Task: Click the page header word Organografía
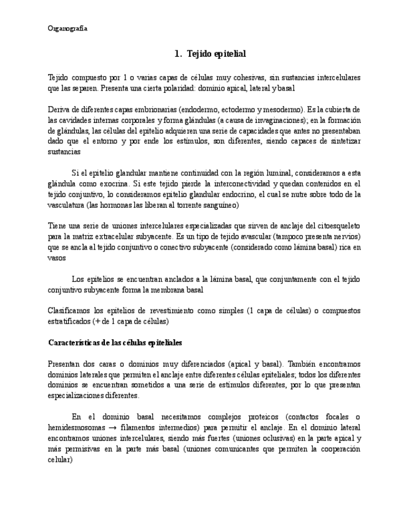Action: tap(67, 29)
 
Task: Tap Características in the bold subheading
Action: tap(73, 342)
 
